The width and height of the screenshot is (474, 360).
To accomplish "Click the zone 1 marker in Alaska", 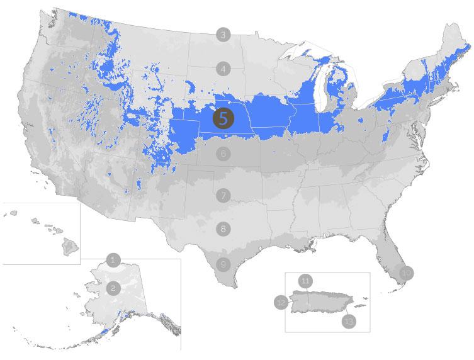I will pos(113,259).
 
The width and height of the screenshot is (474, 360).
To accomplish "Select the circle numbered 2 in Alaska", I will pos(113,288).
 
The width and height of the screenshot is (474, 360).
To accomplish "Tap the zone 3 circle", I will pos(222,35).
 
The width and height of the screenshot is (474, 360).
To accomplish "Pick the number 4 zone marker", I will pos(222,69).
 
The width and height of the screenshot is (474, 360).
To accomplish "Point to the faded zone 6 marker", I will pos(223,153).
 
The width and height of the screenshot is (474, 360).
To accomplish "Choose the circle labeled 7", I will pos(223,195).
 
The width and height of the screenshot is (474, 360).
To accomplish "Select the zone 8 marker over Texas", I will pos(223,229).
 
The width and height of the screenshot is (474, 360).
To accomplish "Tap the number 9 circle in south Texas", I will pos(222,264).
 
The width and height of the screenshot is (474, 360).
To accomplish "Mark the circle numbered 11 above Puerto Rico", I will pos(306,281).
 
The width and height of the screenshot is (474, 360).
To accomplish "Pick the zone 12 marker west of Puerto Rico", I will pos(281,303).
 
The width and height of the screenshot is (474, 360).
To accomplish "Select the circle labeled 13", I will pos(348,321).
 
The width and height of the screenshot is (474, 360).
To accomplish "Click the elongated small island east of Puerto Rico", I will pos(359,307).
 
